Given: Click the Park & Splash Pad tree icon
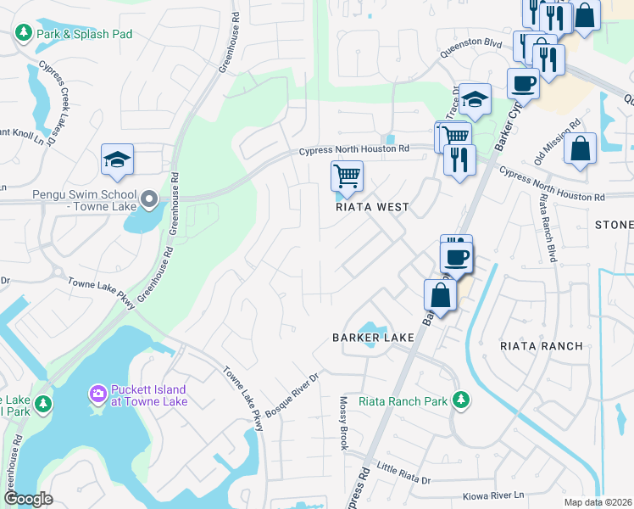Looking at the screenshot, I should [x=23, y=33].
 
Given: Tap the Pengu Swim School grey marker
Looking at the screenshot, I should [x=150, y=200].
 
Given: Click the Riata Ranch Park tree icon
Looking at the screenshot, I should [x=461, y=400].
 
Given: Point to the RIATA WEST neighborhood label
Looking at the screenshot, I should [x=372, y=207].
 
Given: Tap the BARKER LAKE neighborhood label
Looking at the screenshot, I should [x=373, y=337].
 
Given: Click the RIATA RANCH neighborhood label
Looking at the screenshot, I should [x=542, y=345].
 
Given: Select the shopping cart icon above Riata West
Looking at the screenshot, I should [x=347, y=176].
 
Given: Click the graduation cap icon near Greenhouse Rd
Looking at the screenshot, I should [x=118, y=159].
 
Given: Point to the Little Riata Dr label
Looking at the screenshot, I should [x=404, y=473].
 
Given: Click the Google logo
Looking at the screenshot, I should [x=28, y=499].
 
